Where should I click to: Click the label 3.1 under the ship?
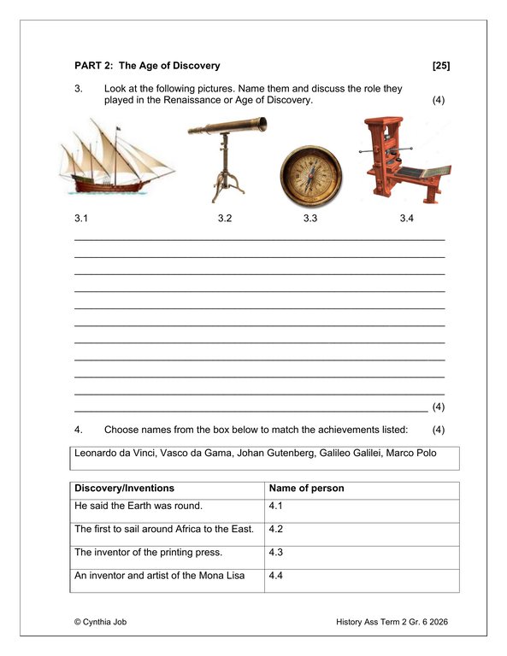click(x=81, y=220)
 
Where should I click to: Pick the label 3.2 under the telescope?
click(x=225, y=220)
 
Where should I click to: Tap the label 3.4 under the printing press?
click(x=407, y=220)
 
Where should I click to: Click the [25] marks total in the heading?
click(x=441, y=66)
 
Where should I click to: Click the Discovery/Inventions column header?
click(x=125, y=489)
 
